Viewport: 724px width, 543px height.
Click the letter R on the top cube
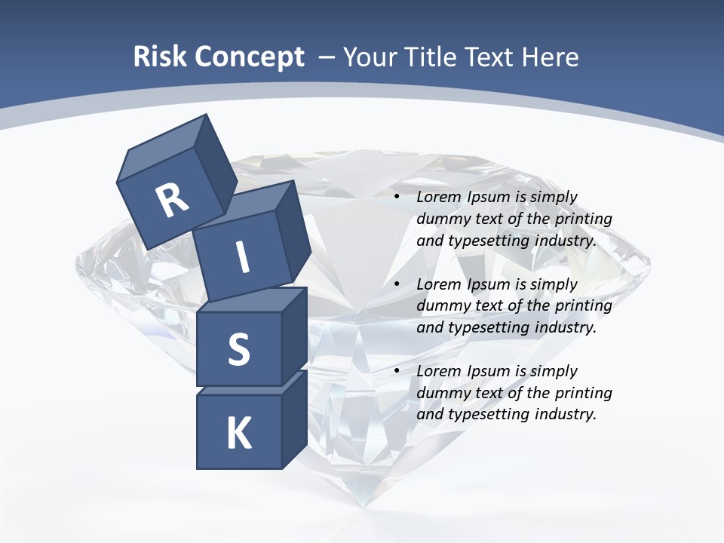(172, 201)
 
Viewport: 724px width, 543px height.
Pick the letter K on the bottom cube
(239, 434)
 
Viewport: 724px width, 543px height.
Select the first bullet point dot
(397, 197)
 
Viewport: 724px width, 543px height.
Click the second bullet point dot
(397, 284)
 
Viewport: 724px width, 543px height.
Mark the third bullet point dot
(397, 371)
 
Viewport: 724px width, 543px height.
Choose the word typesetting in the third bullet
(488, 414)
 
